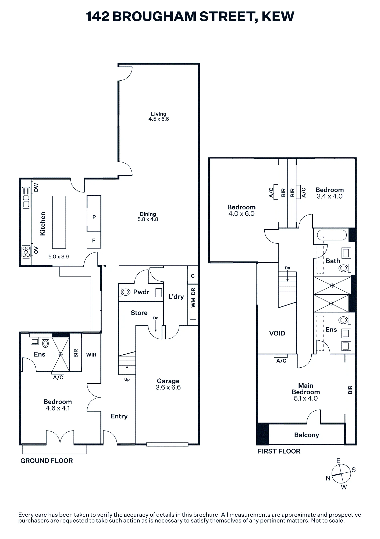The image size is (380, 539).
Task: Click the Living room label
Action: pos(158,114)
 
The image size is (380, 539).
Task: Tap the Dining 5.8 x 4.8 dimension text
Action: pos(148,219)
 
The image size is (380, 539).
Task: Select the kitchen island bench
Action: pos(59,222)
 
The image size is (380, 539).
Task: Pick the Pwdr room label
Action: pos(141,292)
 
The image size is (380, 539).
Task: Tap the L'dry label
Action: pos(176,297)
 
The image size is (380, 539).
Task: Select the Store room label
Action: pos(139,313)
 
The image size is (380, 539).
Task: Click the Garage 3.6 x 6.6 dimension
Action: pos(168,388)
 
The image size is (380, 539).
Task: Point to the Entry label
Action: pos(119,416)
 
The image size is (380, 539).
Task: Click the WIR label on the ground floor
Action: pos(91,355)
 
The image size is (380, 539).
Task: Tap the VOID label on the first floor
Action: pos(277,333)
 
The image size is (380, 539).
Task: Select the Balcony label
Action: pos(307,435)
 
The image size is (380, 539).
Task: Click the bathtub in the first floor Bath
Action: pos(332,235)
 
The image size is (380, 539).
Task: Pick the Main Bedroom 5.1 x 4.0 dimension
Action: pos(306,399)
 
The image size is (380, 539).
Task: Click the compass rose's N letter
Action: pos(328,478)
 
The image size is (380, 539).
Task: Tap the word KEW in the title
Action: pos(278,16)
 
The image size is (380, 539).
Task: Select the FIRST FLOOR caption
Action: pos(279,451)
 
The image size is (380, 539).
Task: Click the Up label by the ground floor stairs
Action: pos(127,379)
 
